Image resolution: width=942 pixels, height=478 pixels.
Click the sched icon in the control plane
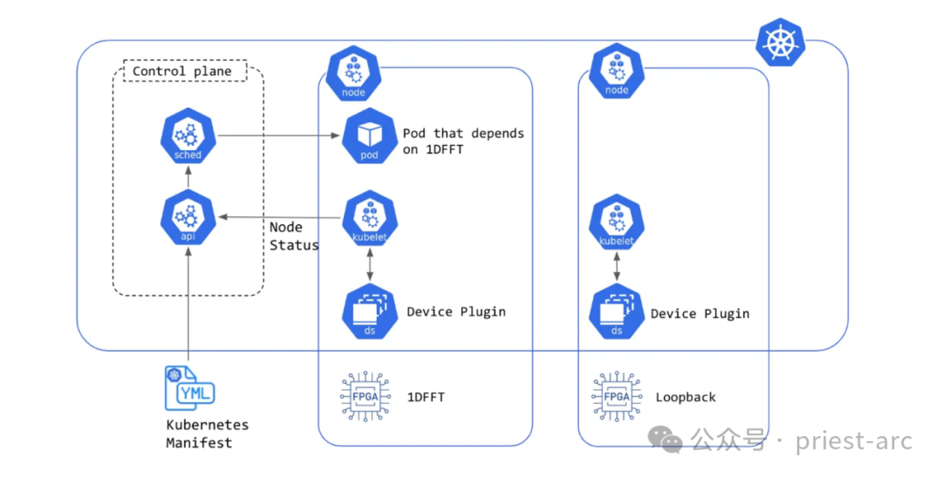point(188,136)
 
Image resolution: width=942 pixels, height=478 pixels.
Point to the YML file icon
point(188,389)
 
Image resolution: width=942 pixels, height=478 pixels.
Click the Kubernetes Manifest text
point(207,434)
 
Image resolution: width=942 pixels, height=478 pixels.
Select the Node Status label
point(293,236)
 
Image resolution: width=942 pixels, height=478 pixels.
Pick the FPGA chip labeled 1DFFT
point(364,397)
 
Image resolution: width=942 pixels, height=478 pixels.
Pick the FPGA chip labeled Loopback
point(617,397)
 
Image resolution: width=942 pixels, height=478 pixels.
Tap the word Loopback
point(686,397)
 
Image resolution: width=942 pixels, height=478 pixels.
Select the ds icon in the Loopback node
point(617,312)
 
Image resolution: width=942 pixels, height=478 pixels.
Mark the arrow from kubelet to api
point(279,216)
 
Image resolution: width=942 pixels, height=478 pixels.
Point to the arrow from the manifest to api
point(188,305)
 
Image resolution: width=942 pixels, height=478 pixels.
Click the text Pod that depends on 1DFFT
point(463,141)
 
